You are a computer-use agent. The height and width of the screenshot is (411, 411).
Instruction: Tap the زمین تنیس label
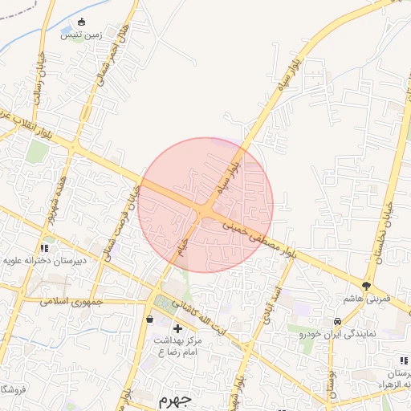coord(80,34)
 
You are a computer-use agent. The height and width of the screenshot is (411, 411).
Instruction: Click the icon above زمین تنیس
coord(80,22)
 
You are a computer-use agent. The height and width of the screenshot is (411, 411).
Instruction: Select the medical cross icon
coord(177,328)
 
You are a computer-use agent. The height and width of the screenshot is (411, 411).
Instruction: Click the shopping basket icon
coord(150,319)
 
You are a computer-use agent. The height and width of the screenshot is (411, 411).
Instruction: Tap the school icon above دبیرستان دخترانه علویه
coord(44,248)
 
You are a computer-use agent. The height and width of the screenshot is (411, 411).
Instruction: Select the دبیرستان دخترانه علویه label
coord(42,260)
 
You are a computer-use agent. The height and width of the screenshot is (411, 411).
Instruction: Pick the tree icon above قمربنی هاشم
coord(367,285)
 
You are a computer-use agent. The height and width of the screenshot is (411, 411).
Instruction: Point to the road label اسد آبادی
coord(262,303)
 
